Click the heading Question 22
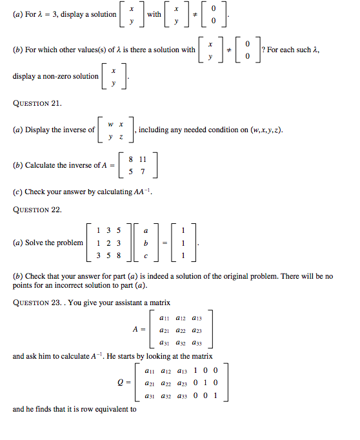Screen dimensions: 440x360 pos(37,209)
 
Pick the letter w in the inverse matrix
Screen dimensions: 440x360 pos(111,124)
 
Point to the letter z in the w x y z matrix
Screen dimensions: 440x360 pos(121,136)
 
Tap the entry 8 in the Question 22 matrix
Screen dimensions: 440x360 pos(118,255)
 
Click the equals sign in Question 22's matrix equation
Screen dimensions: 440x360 pos(164,243)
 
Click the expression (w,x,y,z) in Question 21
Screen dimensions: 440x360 pos(261,130)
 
